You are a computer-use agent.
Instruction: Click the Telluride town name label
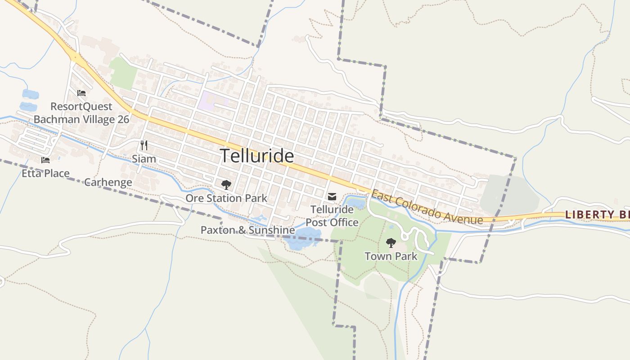pos(257,156)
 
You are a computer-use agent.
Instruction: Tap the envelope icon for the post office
pos(332,196)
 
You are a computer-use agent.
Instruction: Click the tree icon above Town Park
pos(391,243)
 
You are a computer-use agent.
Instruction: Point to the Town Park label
pos(391,256)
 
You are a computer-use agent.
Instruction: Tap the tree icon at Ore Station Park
pos(226,184)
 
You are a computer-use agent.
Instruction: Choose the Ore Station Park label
pos(226,198)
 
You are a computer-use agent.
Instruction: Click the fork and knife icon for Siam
pos(144,145)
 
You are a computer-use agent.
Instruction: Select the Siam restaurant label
pos(144,159)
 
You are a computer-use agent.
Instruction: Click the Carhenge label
pos(108,182)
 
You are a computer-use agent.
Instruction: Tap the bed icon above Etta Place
pos(45,160)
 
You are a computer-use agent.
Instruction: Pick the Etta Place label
pos(45,173)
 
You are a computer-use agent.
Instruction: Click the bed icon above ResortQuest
pos(81,93)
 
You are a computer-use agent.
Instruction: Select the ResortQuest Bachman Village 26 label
pos(81,113)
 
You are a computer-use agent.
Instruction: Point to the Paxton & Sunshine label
pos(247,230)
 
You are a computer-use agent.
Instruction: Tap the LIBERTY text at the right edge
pos(585,215)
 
